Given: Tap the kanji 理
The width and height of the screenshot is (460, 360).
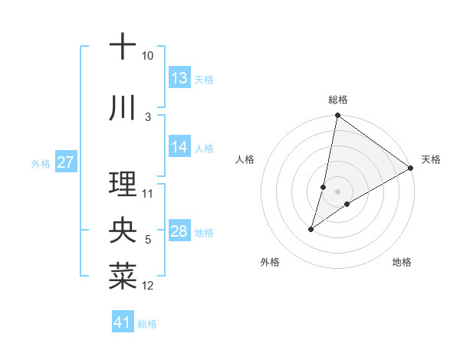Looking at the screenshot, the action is pyautogui.click(x=123, y=183).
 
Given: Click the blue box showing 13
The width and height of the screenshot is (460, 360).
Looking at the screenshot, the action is pyautogui.click(x=179, y=78).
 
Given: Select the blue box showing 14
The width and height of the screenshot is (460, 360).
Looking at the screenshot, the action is pyautogui.click(x=179, y=147).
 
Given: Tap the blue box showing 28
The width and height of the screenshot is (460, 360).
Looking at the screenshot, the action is pyautogui.click(x=179, y=231).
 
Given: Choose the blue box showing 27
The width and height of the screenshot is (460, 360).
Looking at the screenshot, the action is pyautogui.click(x=65, y=162).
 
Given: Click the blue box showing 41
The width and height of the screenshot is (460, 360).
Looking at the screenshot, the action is pyautogui.click(x=123, y=322).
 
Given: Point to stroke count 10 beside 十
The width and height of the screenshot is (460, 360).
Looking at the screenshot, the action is pyautogui.click(x=148, y=56).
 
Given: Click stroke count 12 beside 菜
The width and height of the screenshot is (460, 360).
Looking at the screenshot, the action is pyautogui.click(x=148, y=286).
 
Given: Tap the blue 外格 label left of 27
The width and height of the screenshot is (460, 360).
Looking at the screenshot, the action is pyautogui.click(x=41, y=163).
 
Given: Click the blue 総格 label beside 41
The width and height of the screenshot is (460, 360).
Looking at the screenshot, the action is pyautogui.click(x=147, y=324).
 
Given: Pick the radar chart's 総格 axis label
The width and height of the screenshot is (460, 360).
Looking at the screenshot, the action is pyautogui.click(x=338, y=100).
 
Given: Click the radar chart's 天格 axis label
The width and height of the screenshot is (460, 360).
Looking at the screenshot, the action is pyautogui.click(x=431, y=159).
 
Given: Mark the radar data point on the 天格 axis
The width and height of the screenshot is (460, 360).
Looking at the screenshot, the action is pyautogui.click(x=411, y=168).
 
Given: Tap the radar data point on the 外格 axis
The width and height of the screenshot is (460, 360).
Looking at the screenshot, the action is pyautogui.click(x=311, y=229).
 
